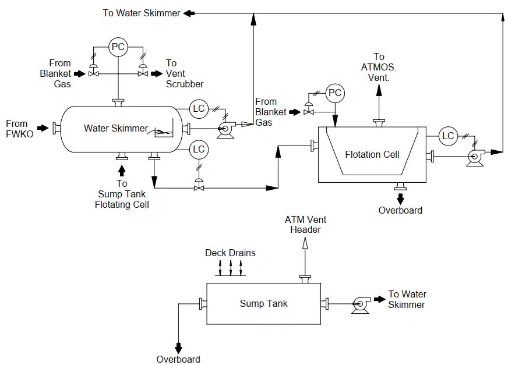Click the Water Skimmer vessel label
coord(116,128)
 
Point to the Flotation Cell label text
coord(372,154)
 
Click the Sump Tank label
coord(263,303)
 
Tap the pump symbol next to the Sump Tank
coord(361,305)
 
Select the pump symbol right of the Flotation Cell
coord(475,158)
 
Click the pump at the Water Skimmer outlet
coord(225,130)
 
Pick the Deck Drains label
coord(230,253)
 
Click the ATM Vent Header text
coord(305,225)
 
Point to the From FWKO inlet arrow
coord(43,128)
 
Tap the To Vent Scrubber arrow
coord(157,74)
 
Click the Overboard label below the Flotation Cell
coord(400,211)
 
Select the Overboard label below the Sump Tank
coord(178,359)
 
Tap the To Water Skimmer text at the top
coord(141,13)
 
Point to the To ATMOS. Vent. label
coord(379,67)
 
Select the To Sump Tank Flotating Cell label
coord(122,194)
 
